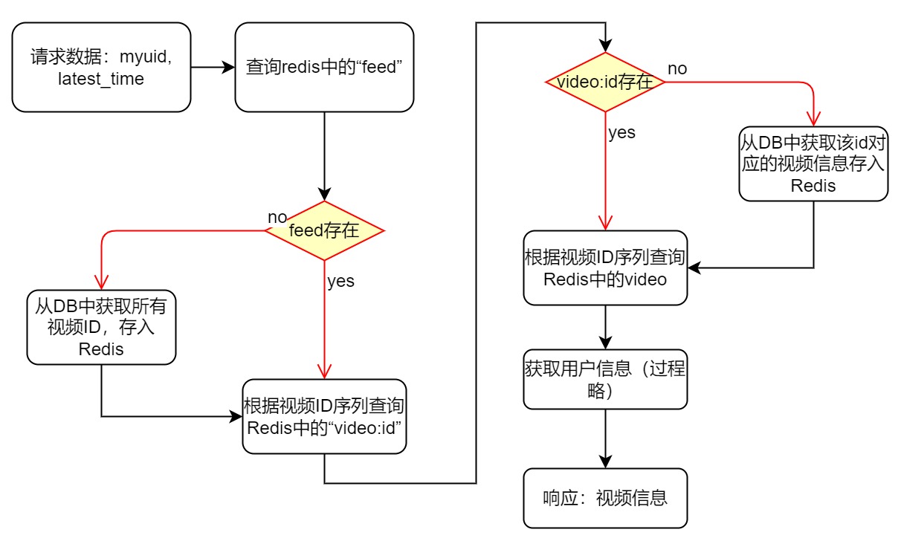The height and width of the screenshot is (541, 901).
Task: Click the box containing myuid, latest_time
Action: (101, 67)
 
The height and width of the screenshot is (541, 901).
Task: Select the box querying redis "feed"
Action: (324, 67)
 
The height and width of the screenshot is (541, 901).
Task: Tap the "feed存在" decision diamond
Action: (324, 230)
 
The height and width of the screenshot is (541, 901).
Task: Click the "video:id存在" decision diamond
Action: (605, 82)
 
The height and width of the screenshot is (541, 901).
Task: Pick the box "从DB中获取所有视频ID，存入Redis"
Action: (101, 326)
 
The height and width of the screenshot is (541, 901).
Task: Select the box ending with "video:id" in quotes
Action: (324, 416)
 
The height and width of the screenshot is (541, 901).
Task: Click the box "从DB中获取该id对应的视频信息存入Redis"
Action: (813, 163)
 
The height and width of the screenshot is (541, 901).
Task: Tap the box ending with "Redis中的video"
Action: (605, 268)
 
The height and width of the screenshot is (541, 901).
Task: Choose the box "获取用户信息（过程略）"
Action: (605, 379)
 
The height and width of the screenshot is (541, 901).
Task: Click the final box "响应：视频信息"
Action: (605, 498)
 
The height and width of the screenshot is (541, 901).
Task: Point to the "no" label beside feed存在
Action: (277, 217)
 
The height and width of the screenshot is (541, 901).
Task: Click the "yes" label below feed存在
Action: (340, 281)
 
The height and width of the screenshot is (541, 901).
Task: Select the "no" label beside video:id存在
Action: (677, 68)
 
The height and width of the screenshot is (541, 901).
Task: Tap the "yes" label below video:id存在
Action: (621, 133)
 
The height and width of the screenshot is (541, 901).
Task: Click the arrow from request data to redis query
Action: (213, 67)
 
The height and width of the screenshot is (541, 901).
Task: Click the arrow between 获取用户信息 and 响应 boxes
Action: (605, 438)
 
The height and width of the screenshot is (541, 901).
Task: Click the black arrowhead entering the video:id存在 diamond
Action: (605, 45)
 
